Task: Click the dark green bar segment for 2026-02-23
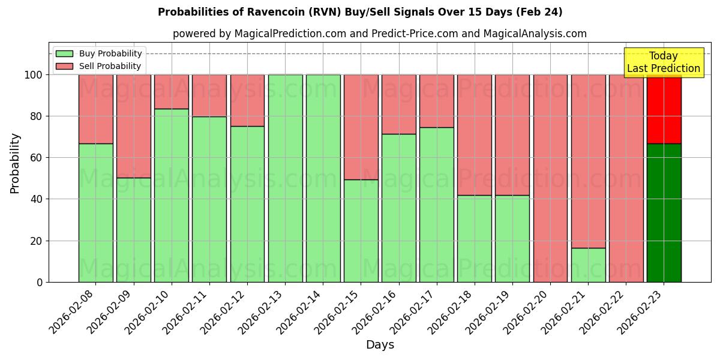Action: (x=664, y=213)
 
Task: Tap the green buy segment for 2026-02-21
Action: (x=588, y=265)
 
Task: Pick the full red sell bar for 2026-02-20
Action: (x=550, y=178)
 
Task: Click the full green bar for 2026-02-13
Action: (x=285, y=178)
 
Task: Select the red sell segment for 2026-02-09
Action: (x=134, y=126)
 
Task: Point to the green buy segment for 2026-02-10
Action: (x=172, y=195)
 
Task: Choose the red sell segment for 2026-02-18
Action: (x=474, y=135)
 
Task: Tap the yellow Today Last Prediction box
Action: (x=663, y=62)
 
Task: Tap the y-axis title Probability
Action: (x=15, y=163)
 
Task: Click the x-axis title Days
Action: (x=380, y=345)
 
